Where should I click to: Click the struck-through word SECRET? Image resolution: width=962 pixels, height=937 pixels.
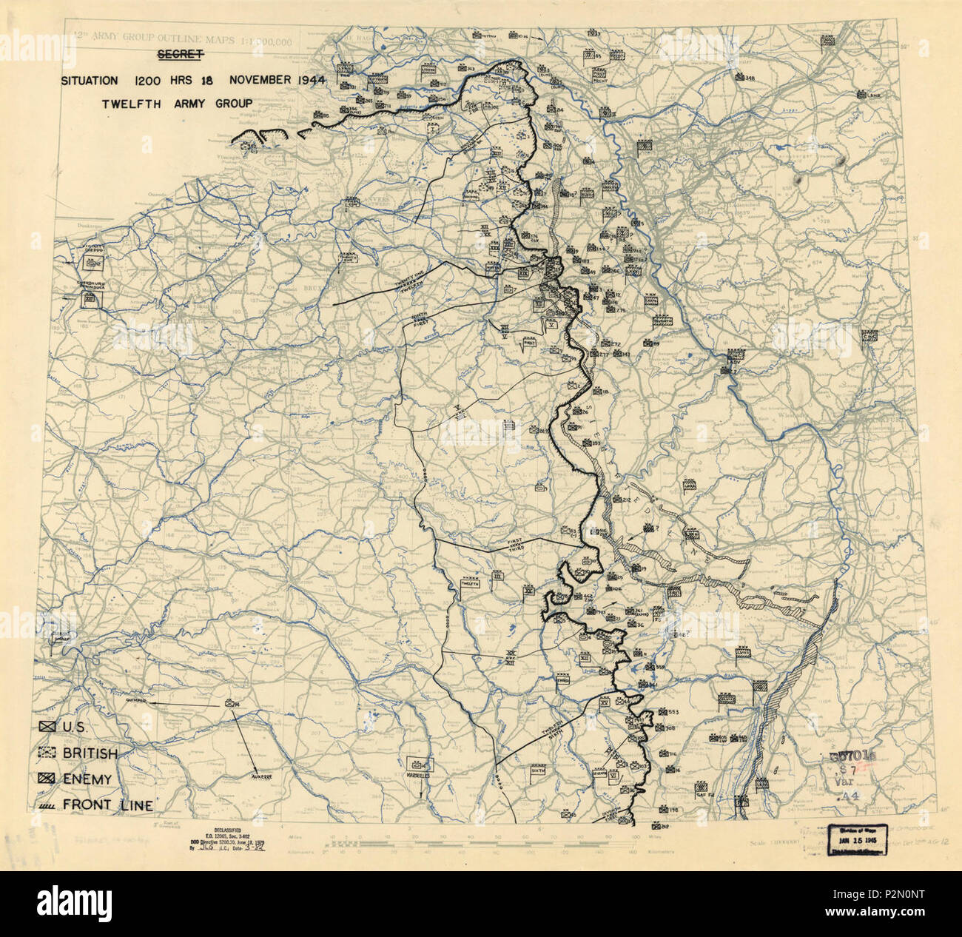pyautogui.click(x=179, y=55)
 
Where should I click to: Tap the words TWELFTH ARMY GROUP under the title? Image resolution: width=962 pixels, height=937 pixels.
pyautogui.click(x=177, y=104)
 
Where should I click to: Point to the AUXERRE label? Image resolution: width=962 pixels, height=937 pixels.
pyautogui.click(x=263, y=776)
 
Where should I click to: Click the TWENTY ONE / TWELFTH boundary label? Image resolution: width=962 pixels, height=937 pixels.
pyautogui.click(x=402, y=281)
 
